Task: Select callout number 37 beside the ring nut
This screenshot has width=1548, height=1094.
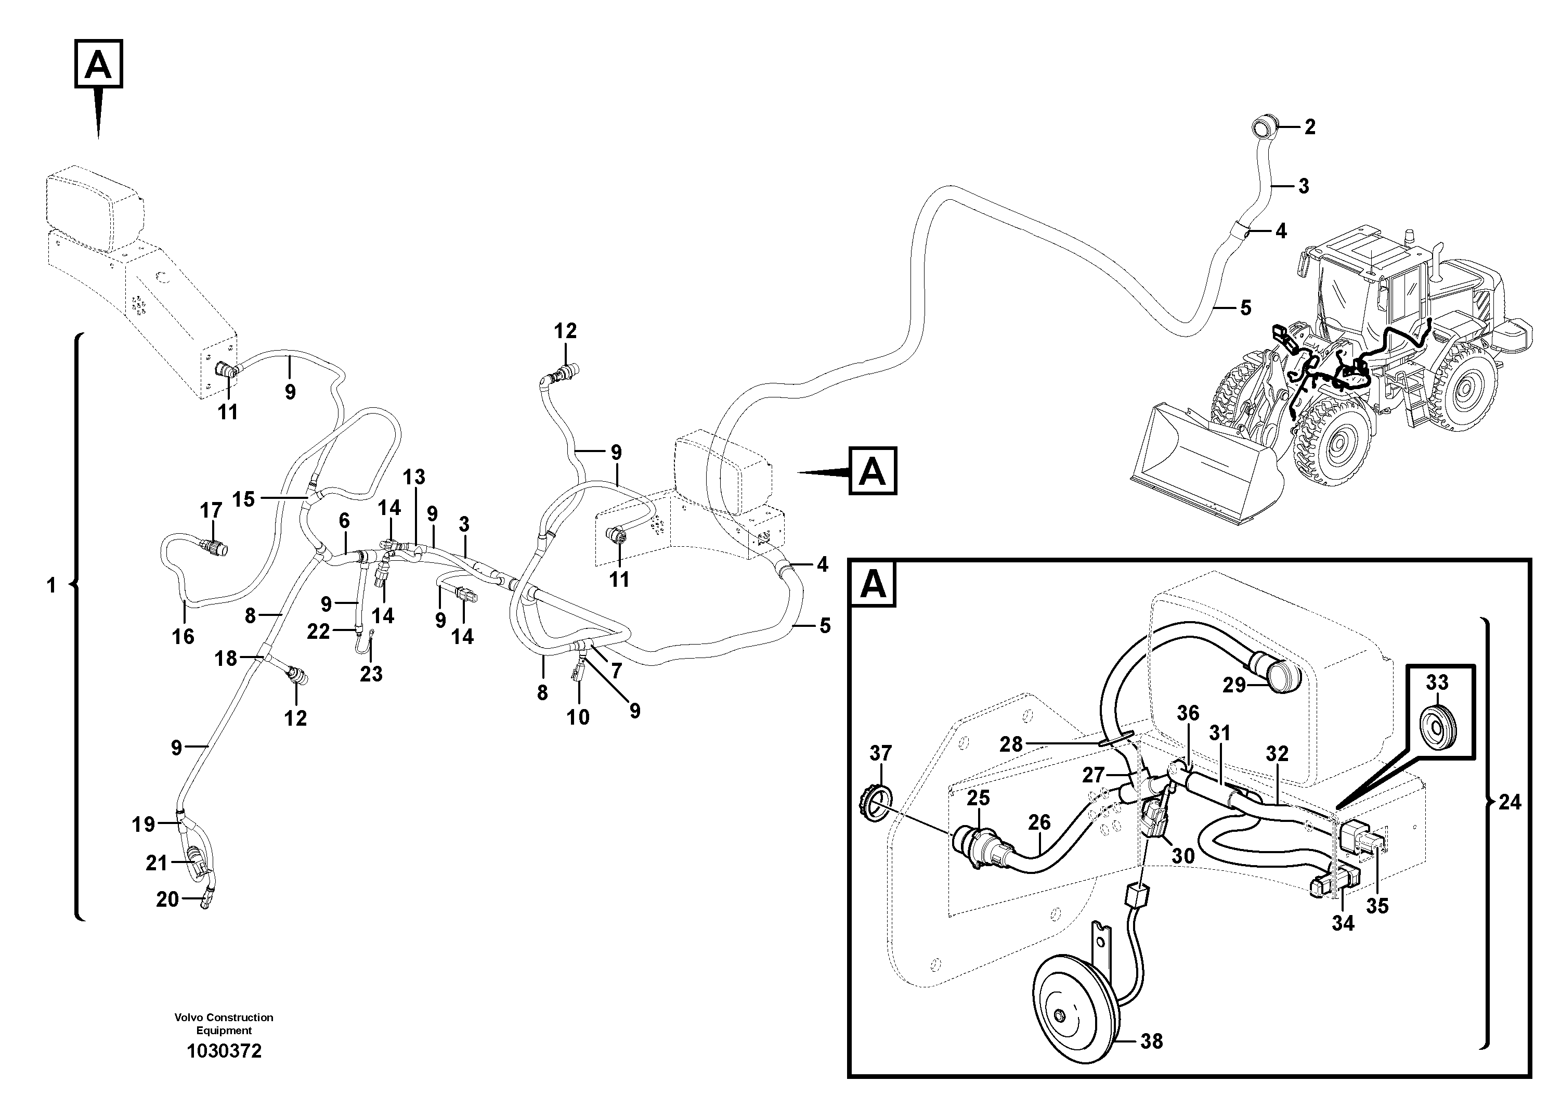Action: point(880,753)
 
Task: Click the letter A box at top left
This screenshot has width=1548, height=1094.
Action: point(98,64)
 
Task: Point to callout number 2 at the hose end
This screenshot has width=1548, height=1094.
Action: point(1309,127)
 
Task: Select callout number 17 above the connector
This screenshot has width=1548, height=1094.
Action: point(211,510)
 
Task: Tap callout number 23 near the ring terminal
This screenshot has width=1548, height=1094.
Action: point(371,674)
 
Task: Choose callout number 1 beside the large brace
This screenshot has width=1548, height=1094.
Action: point(51,585)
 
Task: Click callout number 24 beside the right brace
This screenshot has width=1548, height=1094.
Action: point(1510,802)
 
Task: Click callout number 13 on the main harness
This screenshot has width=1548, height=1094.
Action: point(414,477)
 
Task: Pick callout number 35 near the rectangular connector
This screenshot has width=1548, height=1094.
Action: point(1377,906)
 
